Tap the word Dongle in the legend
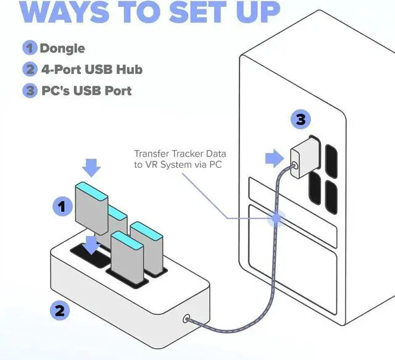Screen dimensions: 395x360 click(62, 48)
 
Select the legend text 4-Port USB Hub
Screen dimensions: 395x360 click(90, 70)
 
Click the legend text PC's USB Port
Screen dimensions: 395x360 click(86, 91)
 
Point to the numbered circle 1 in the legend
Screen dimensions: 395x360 click(30, 48)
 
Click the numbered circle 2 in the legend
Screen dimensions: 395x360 click(30, 70)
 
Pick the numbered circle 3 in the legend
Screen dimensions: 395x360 click(30, 91)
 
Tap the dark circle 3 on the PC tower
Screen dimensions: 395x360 click(299, 120)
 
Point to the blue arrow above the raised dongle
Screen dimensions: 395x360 click(91, 166)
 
